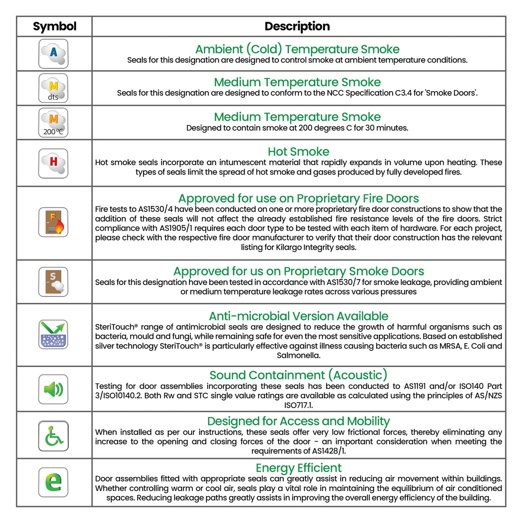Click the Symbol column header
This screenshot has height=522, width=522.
click(55, 26)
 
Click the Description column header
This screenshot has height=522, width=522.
click(297, 26)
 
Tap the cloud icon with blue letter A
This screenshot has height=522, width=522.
click(53, 54)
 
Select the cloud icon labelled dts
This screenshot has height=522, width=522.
click(53, 88)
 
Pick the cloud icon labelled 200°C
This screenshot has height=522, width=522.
click(53, 122)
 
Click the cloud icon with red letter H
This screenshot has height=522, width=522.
click(53, 163)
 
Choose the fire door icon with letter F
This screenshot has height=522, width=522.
click(53, 222)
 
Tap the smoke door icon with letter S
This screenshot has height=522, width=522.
click(53, 282)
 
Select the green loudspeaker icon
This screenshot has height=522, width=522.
click(53, 389)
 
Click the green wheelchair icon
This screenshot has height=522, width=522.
click(53, 436)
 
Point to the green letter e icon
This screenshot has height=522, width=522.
click(53, 482)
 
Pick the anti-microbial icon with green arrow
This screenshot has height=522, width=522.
click(53, 334)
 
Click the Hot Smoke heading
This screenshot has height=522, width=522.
click(298, 152)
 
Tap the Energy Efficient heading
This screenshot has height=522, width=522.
click(298, 468)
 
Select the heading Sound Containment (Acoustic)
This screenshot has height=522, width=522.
click(298, 375)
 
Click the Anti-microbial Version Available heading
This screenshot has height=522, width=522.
click(298, 316)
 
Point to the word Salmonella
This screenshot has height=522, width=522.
click(298, 355)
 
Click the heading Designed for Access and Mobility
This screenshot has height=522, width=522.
click(298, 421)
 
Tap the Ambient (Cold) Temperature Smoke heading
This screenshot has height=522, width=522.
click(297, 49)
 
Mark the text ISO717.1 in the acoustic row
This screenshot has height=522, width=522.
click(298, 405)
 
